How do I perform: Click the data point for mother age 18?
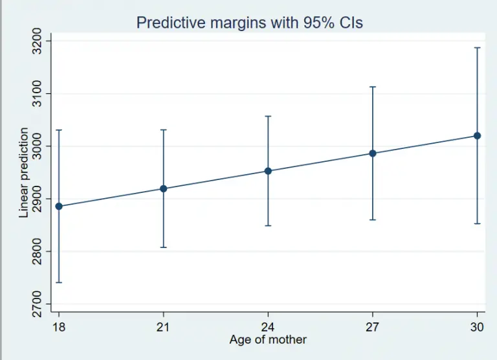59,207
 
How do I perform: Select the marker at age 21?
164,188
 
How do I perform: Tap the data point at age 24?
268,171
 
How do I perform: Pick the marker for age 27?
373,153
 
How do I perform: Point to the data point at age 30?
478,135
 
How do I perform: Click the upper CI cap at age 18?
59,130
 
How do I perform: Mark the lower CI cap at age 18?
59,282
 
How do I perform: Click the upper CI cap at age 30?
478,48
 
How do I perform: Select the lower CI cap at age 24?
268,225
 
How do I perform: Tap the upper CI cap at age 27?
373,87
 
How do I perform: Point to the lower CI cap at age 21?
164,247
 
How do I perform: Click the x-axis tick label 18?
59,327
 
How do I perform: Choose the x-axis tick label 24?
268,327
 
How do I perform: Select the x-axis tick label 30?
478,327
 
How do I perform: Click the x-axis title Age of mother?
268,340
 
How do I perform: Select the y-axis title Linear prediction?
24,172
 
